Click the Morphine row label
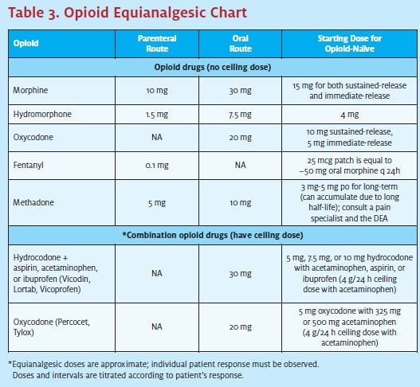coord(30,90)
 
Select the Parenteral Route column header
coord(157,43)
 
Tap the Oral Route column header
coord(240,43)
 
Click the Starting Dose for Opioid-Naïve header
coord(350,43)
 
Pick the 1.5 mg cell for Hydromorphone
coord(157,115)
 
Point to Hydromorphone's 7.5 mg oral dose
coord(240,115)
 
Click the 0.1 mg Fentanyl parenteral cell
coord(157,166)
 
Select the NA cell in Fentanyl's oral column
coord(240,165)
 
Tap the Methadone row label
coord(33,202)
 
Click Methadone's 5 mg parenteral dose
coord(157,203)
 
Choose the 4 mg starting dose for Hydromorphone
coord(350,115)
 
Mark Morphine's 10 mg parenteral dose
coord(157,91)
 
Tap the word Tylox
coord(24,332)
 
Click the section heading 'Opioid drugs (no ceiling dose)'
coord(213,67)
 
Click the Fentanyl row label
coord(29,165)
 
